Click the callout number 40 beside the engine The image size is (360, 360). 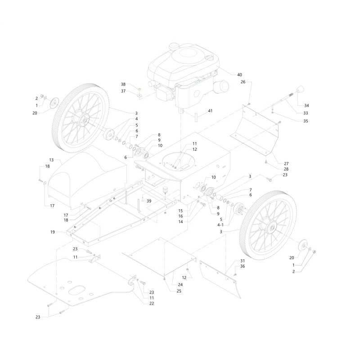pos(239,75)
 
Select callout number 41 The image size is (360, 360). pos(210,111)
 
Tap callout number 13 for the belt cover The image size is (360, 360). pos(51,160)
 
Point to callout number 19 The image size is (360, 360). pos(53,232)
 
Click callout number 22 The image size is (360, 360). pos(152,303)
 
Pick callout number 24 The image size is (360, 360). pos(180,285)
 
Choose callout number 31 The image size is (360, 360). pos(243,261)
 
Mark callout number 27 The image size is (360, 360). pos(286,163)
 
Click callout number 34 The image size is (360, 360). pos(306,106)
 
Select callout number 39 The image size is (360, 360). pos(149,201)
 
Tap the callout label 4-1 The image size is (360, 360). pos(220,225)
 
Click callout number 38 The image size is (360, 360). pos(123,84)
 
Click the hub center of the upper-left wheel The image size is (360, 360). pos(85,119)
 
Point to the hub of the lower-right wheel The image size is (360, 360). pos(272,228)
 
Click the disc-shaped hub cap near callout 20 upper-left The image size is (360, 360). pos(54,103)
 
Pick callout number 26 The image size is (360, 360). pos(243,82)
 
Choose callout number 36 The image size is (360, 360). pos(243,266)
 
